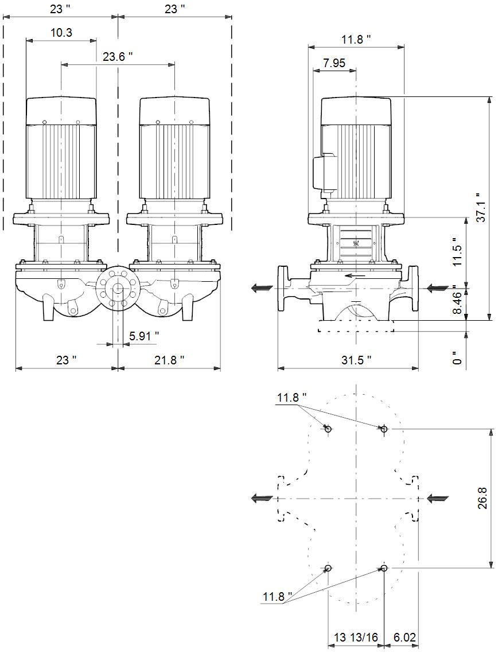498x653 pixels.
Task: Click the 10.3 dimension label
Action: click(61, 33)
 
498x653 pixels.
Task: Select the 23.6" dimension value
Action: click(118, 57)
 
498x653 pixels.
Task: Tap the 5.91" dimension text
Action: click(144, 336)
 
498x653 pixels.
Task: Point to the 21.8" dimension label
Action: click(169, 360)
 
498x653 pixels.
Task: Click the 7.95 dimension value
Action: click(334, 63)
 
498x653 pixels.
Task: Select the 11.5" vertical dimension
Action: click(458, 252)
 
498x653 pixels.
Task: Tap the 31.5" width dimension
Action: click(356, 360)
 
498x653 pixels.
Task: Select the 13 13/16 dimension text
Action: click(356, 638)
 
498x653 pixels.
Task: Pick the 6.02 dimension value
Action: click(404, 638)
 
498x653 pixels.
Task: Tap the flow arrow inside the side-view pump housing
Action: click(356, 275)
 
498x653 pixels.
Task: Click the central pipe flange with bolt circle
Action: click(118, 287)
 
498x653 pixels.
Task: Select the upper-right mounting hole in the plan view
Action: click(383, 429)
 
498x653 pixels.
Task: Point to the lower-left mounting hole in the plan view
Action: click(328, 568)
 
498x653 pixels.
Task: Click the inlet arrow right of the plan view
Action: click(438, 497)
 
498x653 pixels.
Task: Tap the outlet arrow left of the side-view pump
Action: click(262, 288)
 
